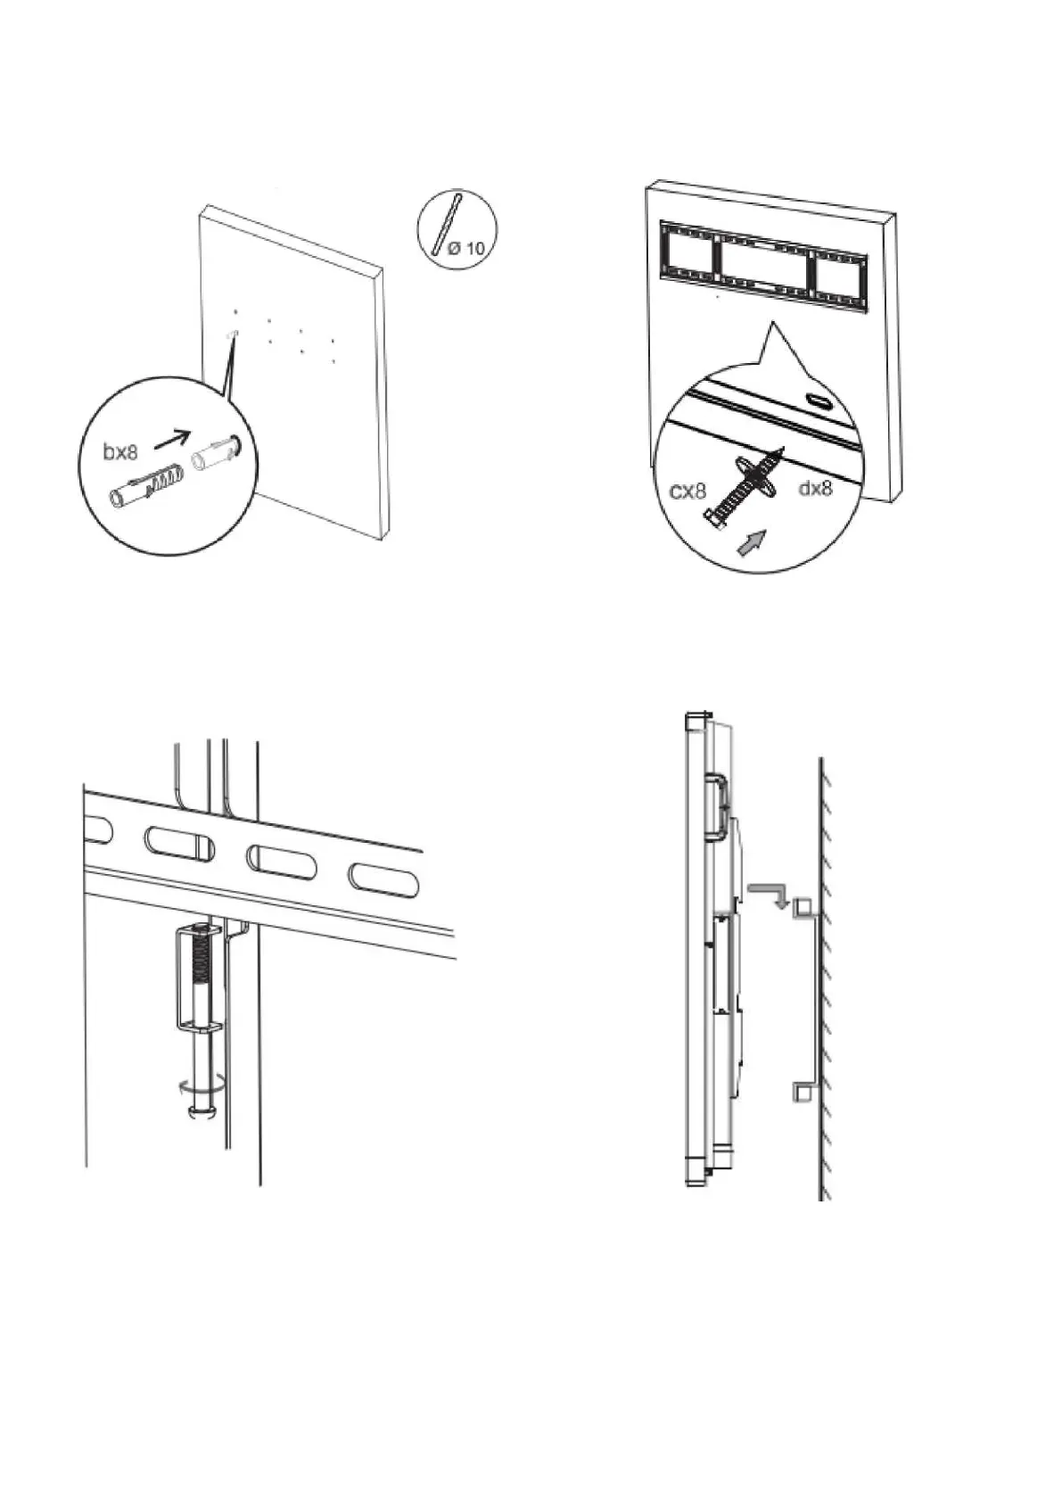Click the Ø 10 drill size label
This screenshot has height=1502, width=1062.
(466, 248)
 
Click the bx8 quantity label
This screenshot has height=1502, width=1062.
(121, 451)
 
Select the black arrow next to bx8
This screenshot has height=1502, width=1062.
(171, 438)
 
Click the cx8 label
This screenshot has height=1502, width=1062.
(688, 491)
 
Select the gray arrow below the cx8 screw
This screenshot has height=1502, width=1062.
(752, 541)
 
